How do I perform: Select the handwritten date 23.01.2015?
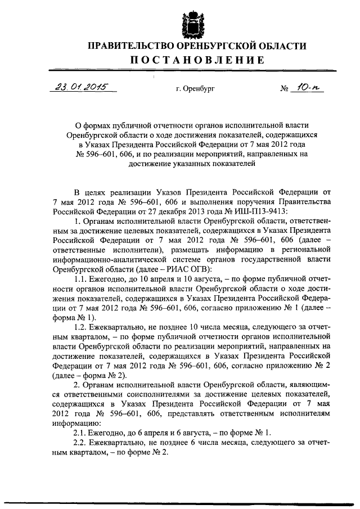[82, 87]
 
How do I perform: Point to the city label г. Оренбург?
[195, 89]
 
